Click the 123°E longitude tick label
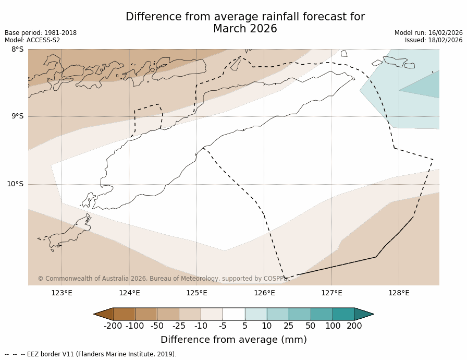coord(62,293)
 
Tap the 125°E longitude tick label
coord(196,293)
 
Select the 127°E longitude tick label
coord(331,293)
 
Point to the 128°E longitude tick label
coord(399,293)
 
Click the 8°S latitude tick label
coord(18,50)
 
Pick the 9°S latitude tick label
coord(18,116)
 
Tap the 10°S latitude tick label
coord(15,184)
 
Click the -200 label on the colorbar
coord(113,326)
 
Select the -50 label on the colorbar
coord(157,326)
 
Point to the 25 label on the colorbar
coord(288,326)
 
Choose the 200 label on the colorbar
coord(354,326)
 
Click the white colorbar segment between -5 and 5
coord(233,314)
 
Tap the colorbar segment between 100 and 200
coord(343,314)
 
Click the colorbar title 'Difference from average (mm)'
coord(233,340)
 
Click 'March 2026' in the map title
coord(245,29)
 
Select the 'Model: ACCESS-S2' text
coord(32,40)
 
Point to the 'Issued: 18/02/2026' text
coord(434,40)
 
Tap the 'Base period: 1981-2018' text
coord(41,33)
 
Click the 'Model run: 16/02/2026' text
coord(428,33)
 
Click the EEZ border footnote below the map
coord(91,354)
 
